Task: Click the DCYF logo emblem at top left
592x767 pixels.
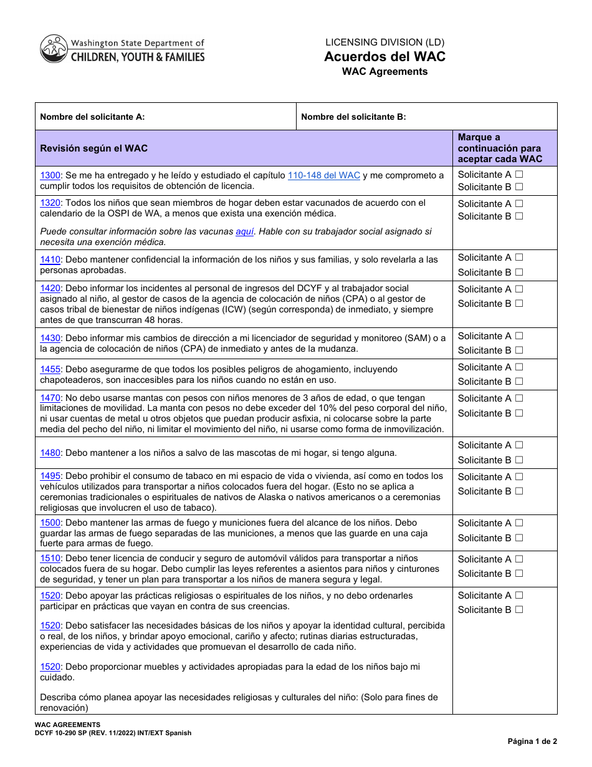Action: (x=54, y=49)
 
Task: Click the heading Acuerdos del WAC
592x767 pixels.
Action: (x=384, y=57)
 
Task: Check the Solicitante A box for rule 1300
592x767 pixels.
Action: (x=519, y=175)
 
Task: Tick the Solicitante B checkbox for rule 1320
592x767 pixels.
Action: (x=519, y=216)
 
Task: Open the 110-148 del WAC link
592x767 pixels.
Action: (x=323, y=176)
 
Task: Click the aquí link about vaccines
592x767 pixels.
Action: (x=244, y=231)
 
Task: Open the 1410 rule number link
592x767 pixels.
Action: (x=50, y=259)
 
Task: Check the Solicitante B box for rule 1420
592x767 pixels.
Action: (x=519, y=304)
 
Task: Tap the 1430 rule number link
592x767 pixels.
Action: (x=50, y=338)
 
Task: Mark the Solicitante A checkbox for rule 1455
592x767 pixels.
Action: (x=519, y=367)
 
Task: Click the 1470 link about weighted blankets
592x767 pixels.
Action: (x=50, y=398)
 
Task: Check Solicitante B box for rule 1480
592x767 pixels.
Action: (x=519, y=460)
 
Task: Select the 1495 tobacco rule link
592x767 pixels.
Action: (x=50, y=476)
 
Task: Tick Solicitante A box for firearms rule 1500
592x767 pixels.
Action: (x=519, y=523)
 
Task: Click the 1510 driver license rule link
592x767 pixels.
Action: (x=50, y=558)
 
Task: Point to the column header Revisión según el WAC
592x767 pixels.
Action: (x=93, y=148)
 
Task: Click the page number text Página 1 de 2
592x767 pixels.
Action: (x=532, y=741)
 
